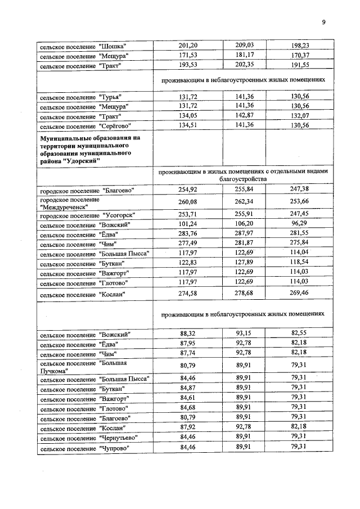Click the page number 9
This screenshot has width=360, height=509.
point(323,22)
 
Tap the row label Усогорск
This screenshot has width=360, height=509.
point(87,215)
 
